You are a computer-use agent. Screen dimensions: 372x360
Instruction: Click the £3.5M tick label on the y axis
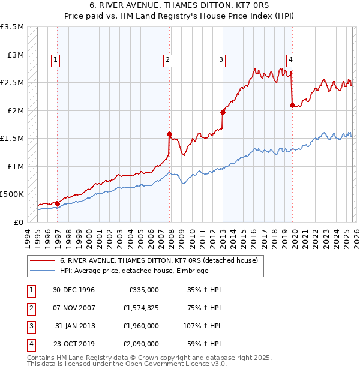click(12, 27)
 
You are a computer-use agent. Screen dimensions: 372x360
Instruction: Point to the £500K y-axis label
click(12, 194)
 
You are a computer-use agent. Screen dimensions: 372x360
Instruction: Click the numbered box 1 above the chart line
click(56, 59)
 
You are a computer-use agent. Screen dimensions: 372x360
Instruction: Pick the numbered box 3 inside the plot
click(221, 59)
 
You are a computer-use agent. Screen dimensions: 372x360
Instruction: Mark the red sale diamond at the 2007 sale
click(169, 134)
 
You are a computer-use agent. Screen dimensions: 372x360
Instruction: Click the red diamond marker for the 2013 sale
click(223, 112)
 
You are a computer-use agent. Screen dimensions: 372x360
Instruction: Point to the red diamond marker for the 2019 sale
click(292, 105)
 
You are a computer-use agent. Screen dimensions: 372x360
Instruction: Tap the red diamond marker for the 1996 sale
click(58, 203)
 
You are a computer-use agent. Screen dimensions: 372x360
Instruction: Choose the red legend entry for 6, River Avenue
click(159, 260)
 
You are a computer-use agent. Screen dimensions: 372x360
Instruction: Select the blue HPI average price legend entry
click(134, 271)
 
